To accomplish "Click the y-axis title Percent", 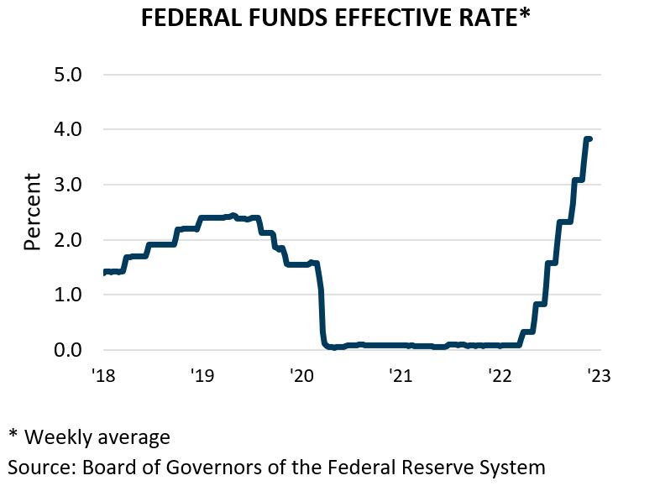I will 33,212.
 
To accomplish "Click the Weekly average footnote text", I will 97,437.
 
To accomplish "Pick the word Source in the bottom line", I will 39,467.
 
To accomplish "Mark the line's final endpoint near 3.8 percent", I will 590,139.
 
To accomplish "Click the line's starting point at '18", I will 104,272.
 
